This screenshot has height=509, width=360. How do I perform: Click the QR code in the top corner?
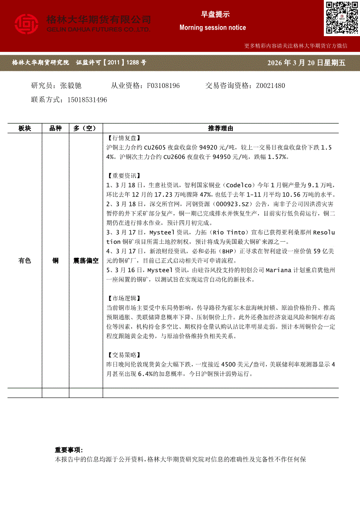coord(341,18)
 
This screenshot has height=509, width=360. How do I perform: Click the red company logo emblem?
coord(27,24)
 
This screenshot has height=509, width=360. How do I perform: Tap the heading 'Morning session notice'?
coord(212,27)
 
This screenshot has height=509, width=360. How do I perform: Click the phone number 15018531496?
coord(87,100)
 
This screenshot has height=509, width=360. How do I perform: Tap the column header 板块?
coord(25,128)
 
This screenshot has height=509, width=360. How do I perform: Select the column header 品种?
coord(55,128)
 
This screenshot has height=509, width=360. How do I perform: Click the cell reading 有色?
coord(25,261)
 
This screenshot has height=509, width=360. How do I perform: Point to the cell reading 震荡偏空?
coord(86,261)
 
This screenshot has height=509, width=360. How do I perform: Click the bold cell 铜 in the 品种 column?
coord(55,261)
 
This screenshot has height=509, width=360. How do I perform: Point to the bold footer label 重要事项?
coord(68,450)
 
